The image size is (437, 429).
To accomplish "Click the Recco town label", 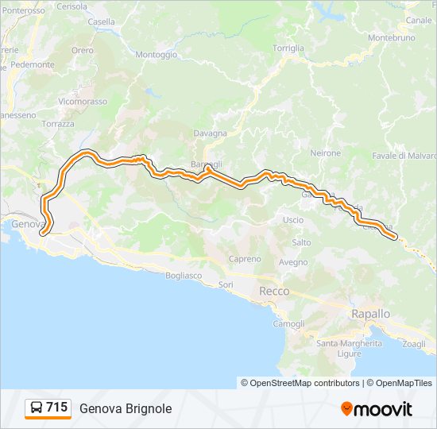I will [274, 292].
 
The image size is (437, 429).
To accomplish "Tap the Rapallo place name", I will [370, 314].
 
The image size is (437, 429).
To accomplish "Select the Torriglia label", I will [288, 48].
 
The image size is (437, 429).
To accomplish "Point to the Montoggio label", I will [157, 55].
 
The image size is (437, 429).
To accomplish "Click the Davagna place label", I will [211, 133].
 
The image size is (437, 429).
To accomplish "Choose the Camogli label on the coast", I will [288, 324].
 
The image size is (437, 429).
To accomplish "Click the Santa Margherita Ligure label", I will [349, 348].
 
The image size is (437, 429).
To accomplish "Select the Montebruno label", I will [393, 37].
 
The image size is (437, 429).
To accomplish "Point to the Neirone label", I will [326, 153].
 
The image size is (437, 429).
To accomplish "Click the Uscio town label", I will [292, 220].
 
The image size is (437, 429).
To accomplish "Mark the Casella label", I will [101, 22].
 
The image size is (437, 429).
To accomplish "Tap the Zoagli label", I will [414, 344].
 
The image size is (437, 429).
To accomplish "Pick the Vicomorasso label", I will [83, 102].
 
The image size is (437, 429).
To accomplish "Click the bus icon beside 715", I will [37, 408].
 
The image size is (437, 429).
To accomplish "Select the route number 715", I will [56, 408].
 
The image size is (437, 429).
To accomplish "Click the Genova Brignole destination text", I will [126, 408].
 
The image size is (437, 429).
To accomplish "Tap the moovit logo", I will [377, 409].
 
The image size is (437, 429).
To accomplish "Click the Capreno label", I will [245, 259].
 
